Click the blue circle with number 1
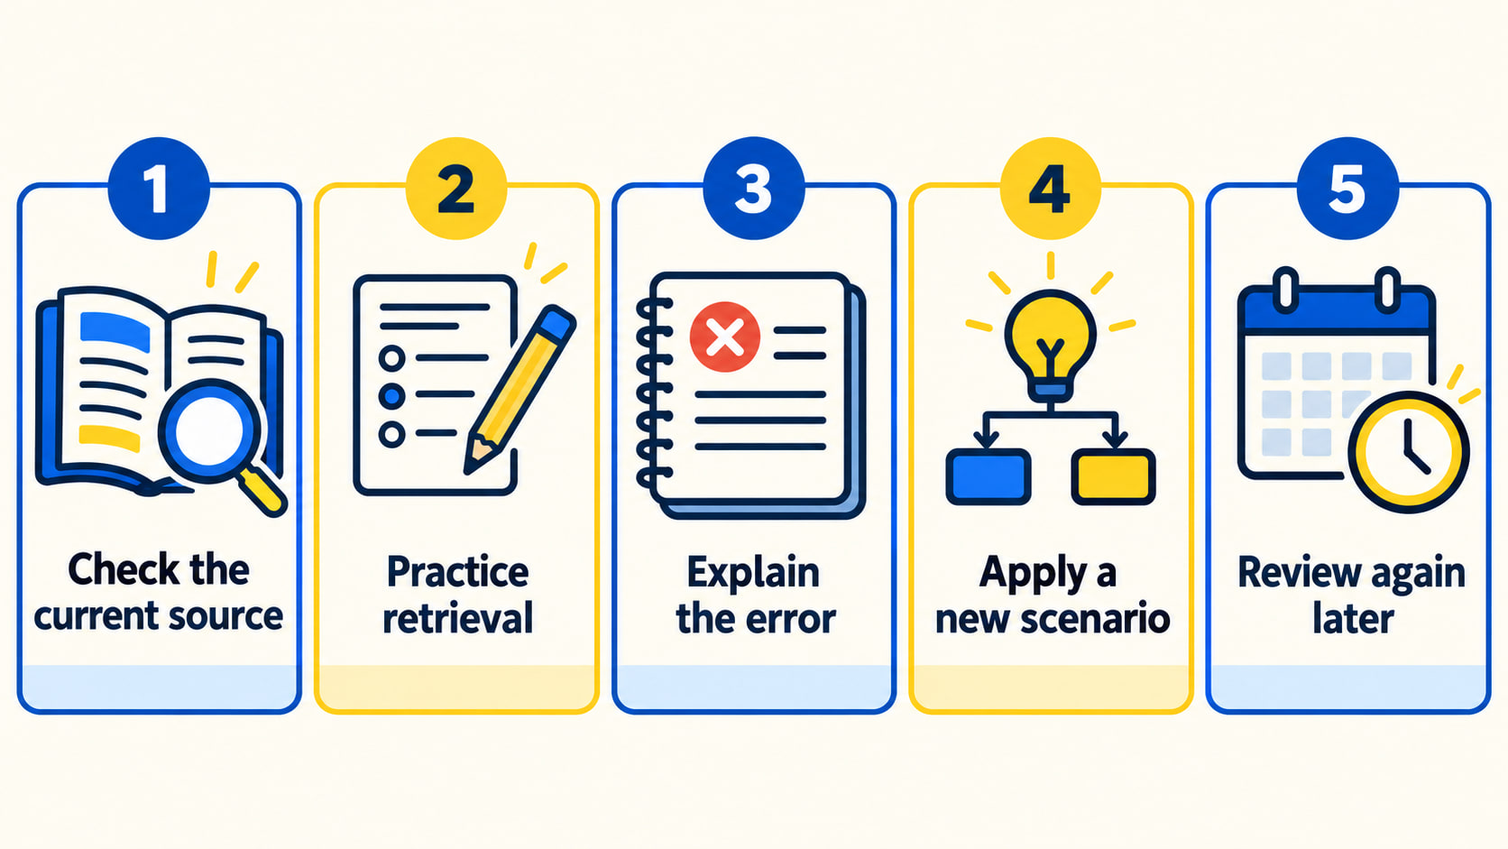click(159, 189)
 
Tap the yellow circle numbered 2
click(455, 189)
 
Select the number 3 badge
click(753, 189)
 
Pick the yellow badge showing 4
click(1050, 189)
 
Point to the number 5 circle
click(1347, 189)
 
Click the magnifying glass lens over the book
click(208, 431)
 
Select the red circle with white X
click(725, 337)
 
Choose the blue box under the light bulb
click(988, 476)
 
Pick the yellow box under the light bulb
click(1114, 476)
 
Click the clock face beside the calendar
click(1409, 452)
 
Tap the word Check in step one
click(125, 569)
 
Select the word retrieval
click(458, 618)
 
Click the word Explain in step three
click(753, 574)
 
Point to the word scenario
click(1095, 619)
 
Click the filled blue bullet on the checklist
click(391, 394)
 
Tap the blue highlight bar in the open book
click(115, 331)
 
